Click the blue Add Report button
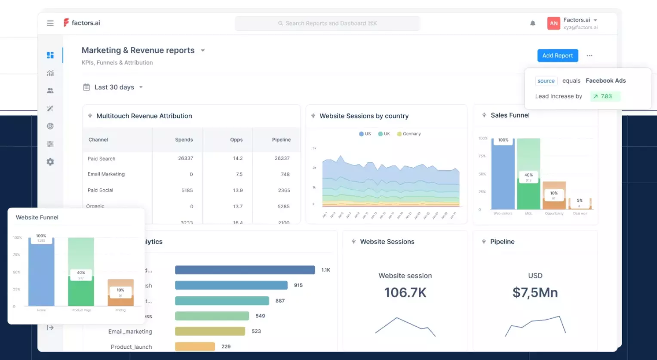(557, 55)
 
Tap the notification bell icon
(533, 23)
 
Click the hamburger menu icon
(50, 23)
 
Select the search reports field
(327, 23)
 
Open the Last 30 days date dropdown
(114, 87)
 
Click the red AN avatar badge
(554, 23)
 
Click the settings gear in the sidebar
(50, 162)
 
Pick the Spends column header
(184, 140)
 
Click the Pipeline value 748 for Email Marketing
(285, 174)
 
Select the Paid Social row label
(100, 190)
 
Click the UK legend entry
(384, 134)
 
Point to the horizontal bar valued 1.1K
(245, 270)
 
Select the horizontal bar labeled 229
(195, 347)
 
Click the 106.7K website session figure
(405, 292)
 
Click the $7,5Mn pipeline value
(535, 292)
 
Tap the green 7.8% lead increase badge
(605, 96)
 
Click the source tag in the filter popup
(546, 81)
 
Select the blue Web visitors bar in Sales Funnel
(503, 176)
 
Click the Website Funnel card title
(37, 218)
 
